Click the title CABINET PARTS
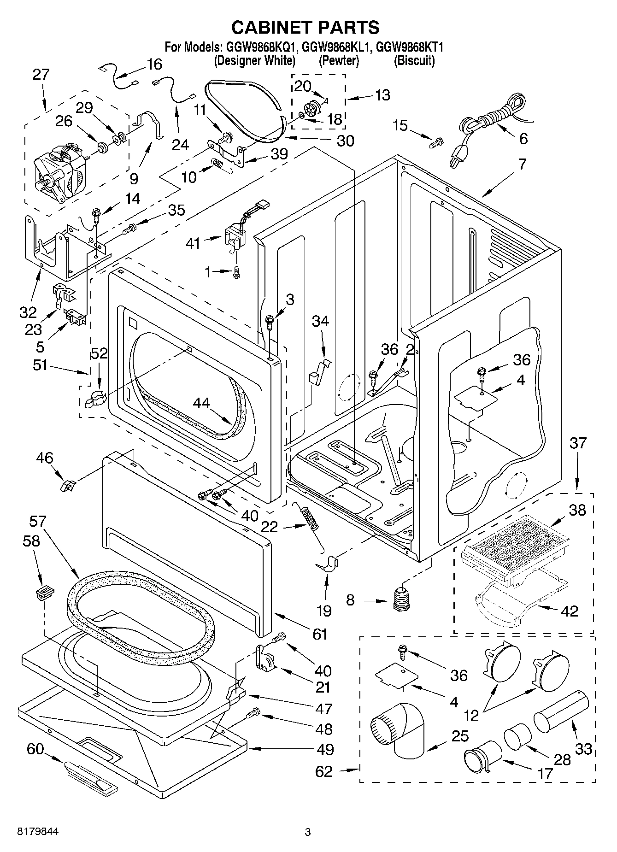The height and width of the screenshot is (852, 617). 305,27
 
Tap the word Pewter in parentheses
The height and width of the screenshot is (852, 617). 338,60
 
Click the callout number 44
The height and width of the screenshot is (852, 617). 201,403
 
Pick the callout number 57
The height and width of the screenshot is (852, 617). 38,522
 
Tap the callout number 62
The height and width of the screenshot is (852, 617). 323,771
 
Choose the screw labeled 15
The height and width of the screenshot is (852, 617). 435,143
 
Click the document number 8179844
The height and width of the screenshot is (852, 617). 38,831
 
